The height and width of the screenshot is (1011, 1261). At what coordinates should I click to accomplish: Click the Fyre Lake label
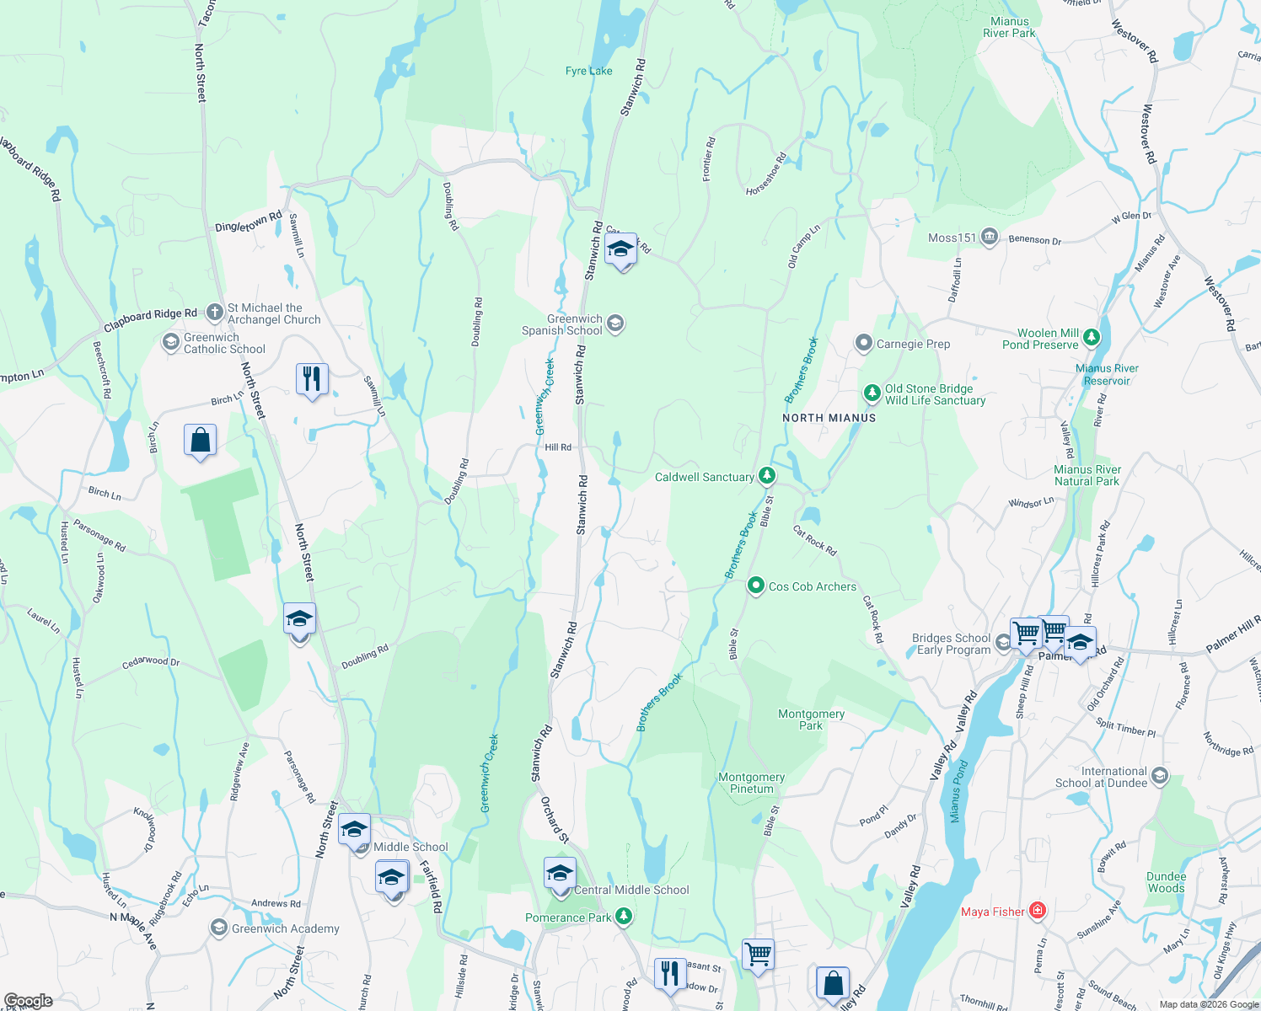click(588, 71)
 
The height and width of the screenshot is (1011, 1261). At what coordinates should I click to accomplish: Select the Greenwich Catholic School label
click(224, 343)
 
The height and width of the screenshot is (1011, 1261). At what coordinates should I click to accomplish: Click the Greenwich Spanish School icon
click(615, 324)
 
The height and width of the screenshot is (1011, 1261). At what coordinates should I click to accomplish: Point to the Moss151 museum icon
click(990, 238)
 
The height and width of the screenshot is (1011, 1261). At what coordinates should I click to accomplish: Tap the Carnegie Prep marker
click(863, 343)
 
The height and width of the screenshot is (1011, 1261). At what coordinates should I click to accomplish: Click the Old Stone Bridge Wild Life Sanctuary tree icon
click(872, 393)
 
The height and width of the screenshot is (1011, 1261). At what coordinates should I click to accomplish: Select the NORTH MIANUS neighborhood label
click(829, 418)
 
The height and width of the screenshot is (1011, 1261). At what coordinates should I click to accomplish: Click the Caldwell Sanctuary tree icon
click(766, 476)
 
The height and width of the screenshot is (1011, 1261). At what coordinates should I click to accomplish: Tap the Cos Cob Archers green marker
click(756, 586)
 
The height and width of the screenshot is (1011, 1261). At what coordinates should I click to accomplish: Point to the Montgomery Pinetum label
click(751, 783)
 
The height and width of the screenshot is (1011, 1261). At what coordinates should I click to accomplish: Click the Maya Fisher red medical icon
click(1038, 911)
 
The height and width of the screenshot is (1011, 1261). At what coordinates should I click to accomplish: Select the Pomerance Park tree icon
click(623, 917)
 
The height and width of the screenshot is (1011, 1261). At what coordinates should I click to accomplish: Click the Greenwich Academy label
click(285, 928)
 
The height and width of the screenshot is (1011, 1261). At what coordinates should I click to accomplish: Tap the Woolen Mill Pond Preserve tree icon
click(1092, 338)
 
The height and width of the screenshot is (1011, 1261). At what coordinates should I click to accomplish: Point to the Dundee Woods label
click(1166, 882)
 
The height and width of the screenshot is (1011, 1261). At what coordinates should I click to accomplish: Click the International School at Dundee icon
click(1160, 776)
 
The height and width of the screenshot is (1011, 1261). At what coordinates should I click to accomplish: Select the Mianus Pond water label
click(958, 791)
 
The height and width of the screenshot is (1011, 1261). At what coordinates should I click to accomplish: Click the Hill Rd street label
click(558, 447)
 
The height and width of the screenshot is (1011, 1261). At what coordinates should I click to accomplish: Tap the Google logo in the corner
click(28, 1001)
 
